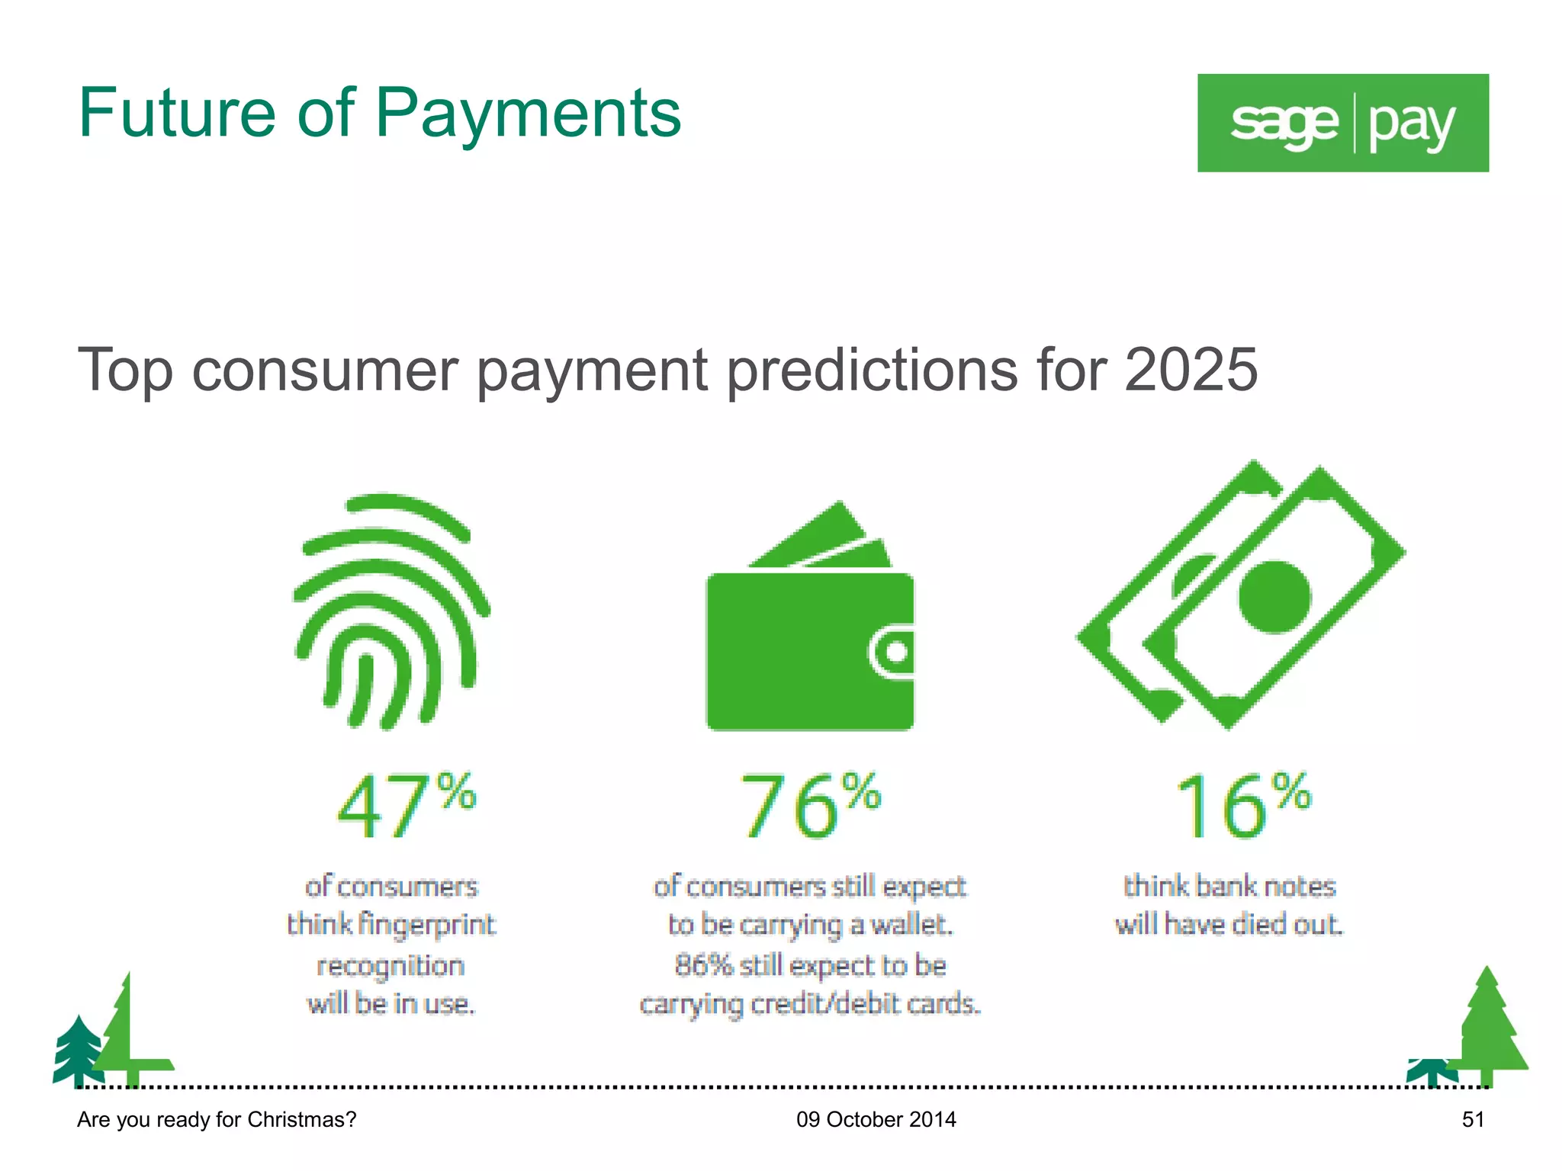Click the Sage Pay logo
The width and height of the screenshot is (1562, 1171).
(1342, 123)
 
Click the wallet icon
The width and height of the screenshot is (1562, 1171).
(810, 625)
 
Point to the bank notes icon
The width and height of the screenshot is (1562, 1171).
(1241, 595)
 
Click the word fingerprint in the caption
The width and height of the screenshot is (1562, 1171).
(426, 925)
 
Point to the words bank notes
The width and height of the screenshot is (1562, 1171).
(1265, 886)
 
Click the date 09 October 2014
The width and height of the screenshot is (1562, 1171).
(876, 1119)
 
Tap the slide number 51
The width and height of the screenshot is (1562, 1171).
(1473, 1119)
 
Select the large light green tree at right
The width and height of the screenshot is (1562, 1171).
(1487, 1029)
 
